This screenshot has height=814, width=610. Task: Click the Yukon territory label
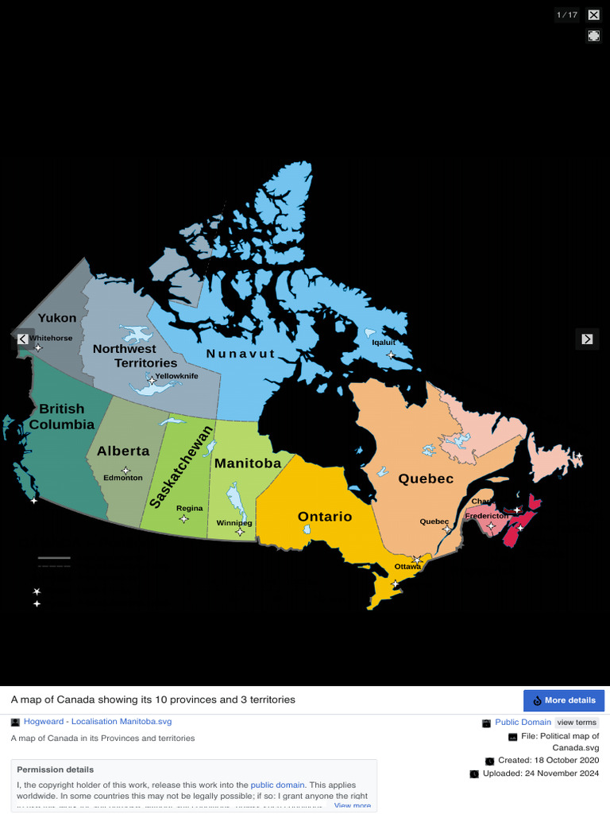coord(57,318)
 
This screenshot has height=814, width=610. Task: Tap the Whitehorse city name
coord(51,338)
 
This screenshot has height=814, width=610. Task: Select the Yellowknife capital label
coord(176,376)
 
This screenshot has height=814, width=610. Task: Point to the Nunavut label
coord(241,354)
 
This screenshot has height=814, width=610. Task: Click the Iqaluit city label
coord(384,343)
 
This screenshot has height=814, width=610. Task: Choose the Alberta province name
coord(123,451)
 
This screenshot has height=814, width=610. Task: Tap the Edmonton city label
coord(123,478)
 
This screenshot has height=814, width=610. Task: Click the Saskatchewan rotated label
coord(182,467)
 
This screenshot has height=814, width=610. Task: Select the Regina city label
coord(189,508)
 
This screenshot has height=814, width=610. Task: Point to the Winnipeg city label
coord(234,523)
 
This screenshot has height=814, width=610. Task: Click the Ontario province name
coord(325,517)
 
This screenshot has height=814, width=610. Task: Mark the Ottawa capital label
coord(407,567)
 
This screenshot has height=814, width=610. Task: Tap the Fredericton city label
coord(487,516)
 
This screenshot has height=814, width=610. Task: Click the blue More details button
coord(564,700)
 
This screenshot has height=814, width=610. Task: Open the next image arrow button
coord(587,339)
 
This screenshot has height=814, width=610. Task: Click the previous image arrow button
coord(23,339)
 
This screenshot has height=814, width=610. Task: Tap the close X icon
coord(593,14)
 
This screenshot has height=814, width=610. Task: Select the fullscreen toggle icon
coord(593,36)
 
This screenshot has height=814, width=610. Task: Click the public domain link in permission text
coord(277,784)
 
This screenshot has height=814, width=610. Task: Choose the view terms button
coord(577,723)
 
